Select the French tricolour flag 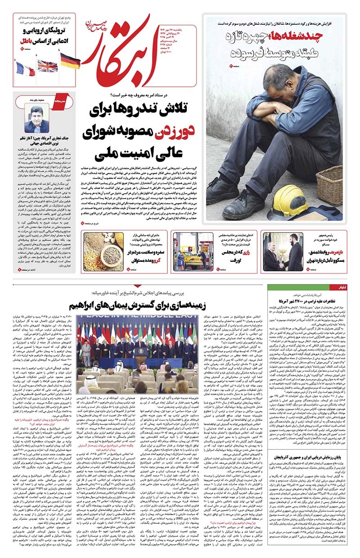(x=25, y=69)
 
